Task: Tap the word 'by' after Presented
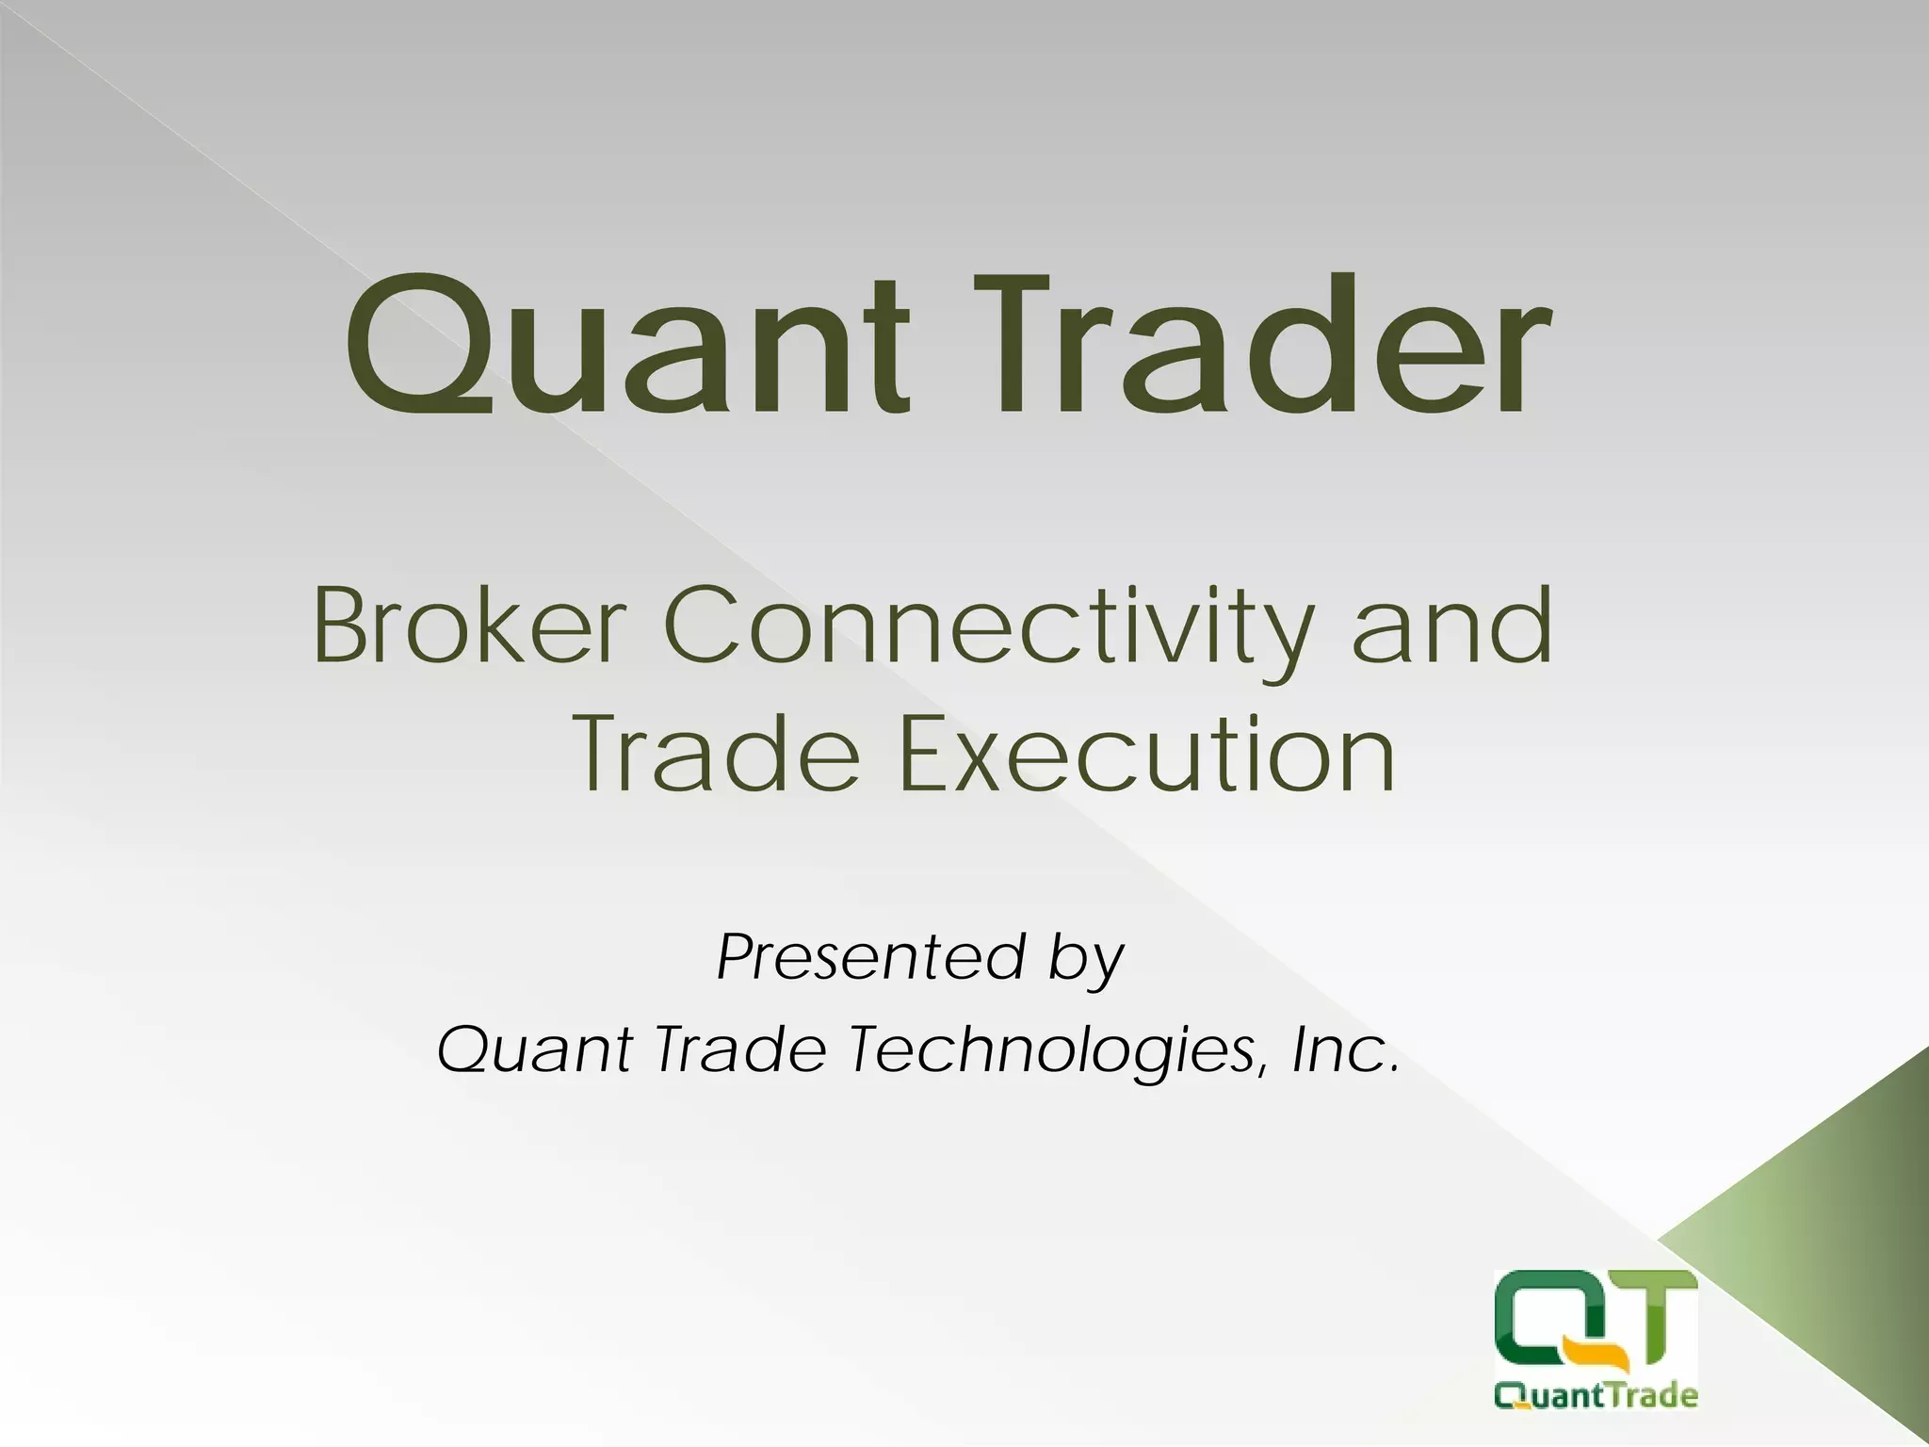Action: [1084, 961]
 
